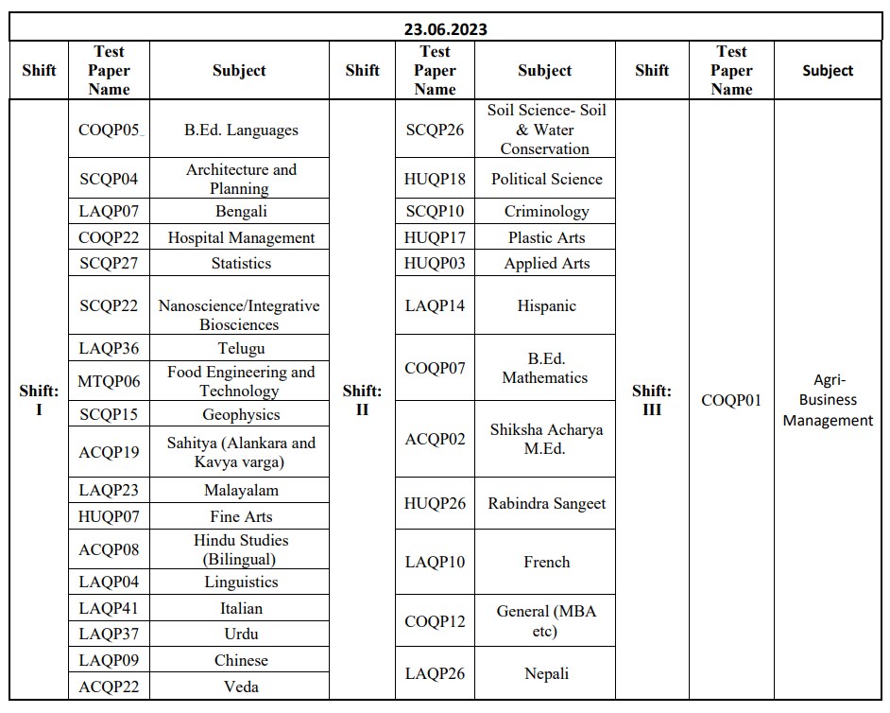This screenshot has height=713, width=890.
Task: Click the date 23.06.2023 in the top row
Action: [x=445, y=28]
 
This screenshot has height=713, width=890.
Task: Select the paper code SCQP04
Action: [x=109, y=179]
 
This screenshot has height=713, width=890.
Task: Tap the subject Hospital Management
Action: [x=241, y=237]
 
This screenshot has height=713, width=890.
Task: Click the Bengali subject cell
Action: [x=241, y=211]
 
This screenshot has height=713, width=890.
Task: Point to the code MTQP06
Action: [x=109, y=381]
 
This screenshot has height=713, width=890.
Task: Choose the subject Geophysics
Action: [x=241, y=414]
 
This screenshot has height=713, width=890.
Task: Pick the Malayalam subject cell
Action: [x=241, y=490]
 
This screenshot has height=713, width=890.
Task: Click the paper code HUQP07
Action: [x=109, y=516]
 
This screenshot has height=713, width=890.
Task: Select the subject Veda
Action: [x=241, y=687]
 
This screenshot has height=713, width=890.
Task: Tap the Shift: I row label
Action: [x=39, y=400]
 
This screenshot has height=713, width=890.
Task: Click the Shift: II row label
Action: [x=363, y=400]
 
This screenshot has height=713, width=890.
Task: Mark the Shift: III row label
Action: [x=652, y=400]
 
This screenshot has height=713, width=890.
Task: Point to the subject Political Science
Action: [x=546, y=179]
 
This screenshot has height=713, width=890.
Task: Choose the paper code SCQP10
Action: [x=435, y=211]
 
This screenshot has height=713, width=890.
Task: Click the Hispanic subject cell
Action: [x=546, y=305]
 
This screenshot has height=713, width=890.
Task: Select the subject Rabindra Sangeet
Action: [x=546, y=503]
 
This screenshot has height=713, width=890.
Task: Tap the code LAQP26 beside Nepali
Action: [x=435, y=673]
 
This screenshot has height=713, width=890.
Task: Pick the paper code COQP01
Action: [x=731, y=400]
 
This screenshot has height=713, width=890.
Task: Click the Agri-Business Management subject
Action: [x=828, y=400]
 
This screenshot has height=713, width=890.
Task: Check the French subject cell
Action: [x=546, y=562]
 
